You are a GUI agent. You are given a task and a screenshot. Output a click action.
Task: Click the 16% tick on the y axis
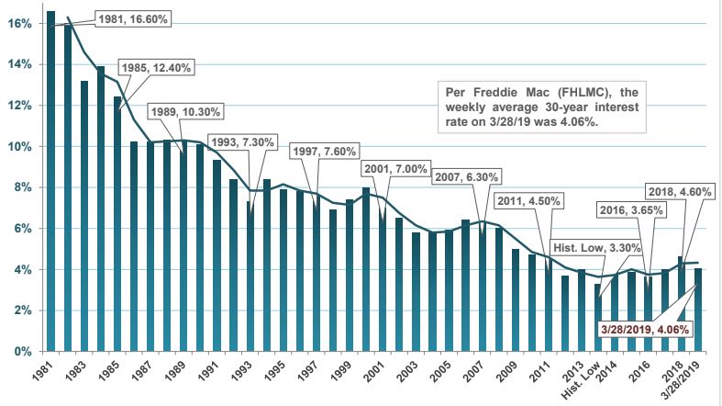[20, 23]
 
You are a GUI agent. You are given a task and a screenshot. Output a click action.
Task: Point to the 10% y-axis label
[20, 146]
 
